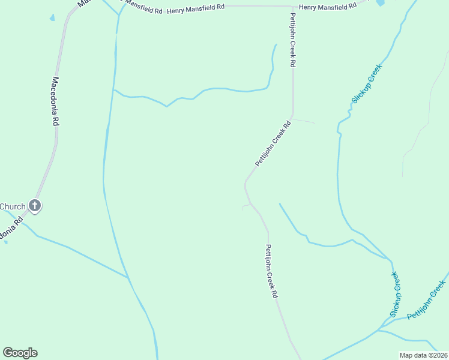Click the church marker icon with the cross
(x=35, y=206)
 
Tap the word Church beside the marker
(x=13, y=207)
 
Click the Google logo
(x=20, y=353)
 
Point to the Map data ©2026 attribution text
(x=424, y=355)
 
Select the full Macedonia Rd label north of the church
(x=56, y=101)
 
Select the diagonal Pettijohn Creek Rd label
(x=273, y=144)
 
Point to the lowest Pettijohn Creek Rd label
(x=271, y=271)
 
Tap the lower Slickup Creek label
(x=394, y=294)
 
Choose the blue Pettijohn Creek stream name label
(x=427, y=308)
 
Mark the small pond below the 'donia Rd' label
(x=6, y=242)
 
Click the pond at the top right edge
(x=380, y=2)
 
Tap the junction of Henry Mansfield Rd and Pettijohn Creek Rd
(x=293, y=7)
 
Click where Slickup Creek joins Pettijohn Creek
(x=379, y=329)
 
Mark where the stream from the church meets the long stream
(x=128, y=277)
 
